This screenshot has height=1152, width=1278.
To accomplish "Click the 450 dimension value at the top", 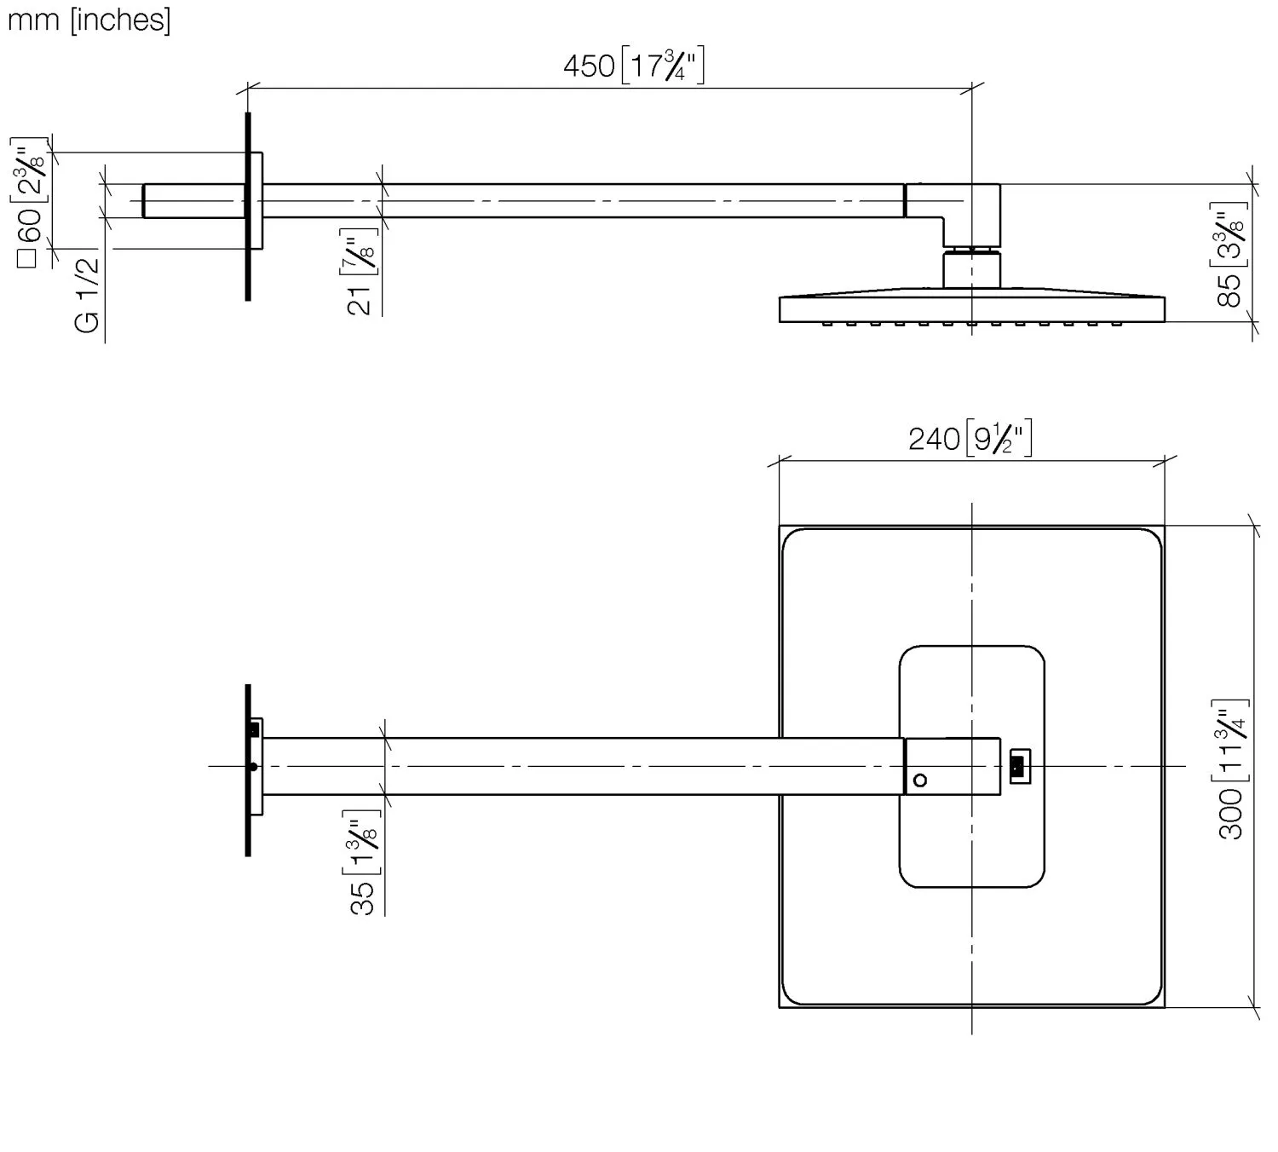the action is coord(589,66).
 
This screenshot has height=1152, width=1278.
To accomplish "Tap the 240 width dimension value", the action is coord(933,439).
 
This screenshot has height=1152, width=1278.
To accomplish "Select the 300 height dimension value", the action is coord(1230,815).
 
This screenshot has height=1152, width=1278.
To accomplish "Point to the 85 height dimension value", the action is coord(1229,291).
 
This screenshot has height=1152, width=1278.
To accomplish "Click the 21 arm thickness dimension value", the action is coord(359,301).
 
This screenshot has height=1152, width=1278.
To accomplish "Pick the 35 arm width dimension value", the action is coord(362,898).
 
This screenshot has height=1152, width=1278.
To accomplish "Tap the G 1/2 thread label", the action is coord(87,295).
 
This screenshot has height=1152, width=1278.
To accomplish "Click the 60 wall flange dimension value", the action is coord(30,225).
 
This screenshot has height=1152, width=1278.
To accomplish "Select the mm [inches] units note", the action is coord(89,20).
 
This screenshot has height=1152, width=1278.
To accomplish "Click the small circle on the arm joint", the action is coord(920,780).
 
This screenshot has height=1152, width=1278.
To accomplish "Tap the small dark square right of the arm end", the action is coord(1018,766).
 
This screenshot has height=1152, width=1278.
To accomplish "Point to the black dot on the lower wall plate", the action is coord(254,767).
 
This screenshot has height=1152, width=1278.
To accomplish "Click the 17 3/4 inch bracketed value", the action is coord(663,65).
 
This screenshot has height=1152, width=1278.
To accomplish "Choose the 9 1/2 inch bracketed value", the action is coord(999,438).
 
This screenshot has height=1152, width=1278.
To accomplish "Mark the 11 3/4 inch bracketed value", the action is coord(1230,740).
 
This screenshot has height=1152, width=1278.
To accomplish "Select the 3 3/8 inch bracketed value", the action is coord(1229,235).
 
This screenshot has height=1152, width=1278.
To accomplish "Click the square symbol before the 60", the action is coord(26,259).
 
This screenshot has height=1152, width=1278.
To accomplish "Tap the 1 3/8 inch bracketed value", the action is coord(362,842).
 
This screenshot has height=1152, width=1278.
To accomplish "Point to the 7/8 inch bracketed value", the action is coord(359,251).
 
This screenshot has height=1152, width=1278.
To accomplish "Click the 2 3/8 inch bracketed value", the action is coord(30,170).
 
